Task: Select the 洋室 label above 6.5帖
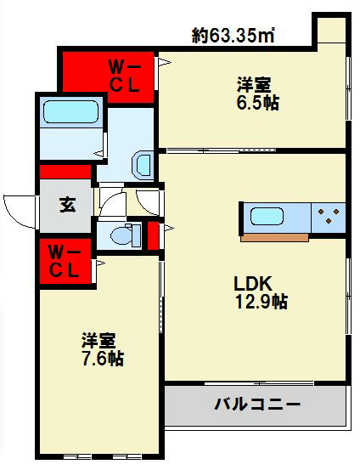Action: pyautogui.click(x=255, y=85)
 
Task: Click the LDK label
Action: pyautogui.click(x=253, y=284)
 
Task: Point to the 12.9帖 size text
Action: pyautogui.click(x=262, y=302)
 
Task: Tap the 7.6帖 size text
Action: pyautogui.click(x=103, y=358)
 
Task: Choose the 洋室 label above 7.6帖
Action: pyautogui.click(x=98, y=341)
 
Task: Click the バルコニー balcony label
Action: pyautogui.click(x=256, y=404)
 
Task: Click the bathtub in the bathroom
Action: pyautogui.click(x=71, y=114)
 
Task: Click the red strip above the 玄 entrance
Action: pyautogui.click(x=65, y=172)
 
